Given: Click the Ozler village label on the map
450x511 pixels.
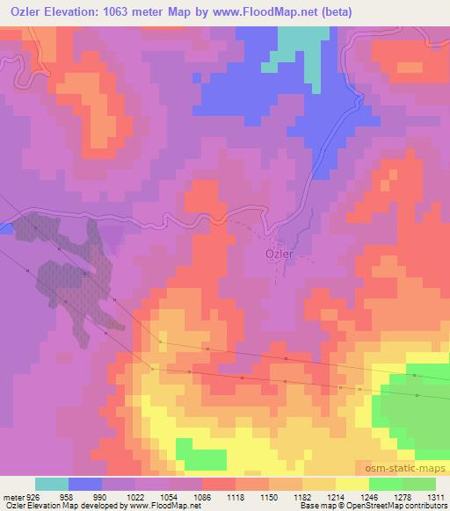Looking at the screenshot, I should (x=279, y=255).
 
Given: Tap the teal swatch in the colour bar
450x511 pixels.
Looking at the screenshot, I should (x=51, y=484).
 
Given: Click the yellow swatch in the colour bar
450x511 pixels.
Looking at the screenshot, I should (x=352, y=484).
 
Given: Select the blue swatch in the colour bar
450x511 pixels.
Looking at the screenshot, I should (x=84, y=484).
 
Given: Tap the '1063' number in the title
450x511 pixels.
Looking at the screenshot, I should (x=130, y=11).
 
